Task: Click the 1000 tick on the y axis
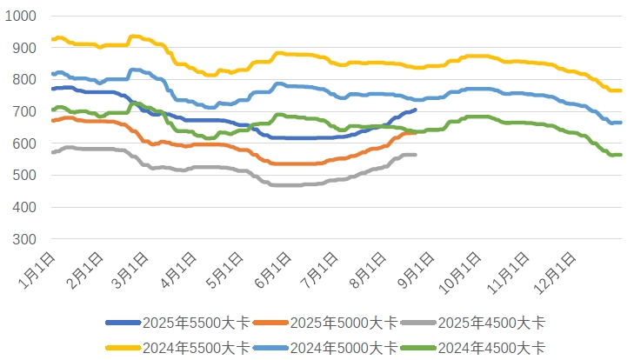click(x=21, y=16)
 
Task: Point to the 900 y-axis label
click(x=24, y=48)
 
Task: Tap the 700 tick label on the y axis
click(x=24, y=111)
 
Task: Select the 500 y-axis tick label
click(x=24, y=176)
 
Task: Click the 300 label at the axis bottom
click(x=24, y=239)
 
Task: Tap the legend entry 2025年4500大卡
click(x=476, y=323)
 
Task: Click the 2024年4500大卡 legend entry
click(x=476, y=347)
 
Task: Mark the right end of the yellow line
click(x=620, y=90)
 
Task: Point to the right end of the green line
click(x=620, y=155)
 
